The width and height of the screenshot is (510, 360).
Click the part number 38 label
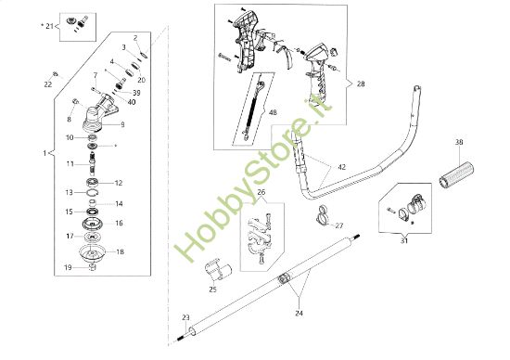[x=459, y=142]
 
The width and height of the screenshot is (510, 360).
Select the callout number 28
[x=361, y=84]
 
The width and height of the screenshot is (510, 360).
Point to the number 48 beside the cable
[x=273, y=112]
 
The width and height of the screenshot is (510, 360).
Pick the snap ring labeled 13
[x=93, y=193]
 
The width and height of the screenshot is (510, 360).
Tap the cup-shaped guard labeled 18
[x=93, y=253]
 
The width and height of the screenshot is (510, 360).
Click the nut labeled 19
[x=93, y=267]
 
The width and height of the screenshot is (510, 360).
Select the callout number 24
[x=299, y=313]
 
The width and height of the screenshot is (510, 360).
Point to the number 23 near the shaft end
[x=185, y=317]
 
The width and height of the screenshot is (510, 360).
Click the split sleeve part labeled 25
[x=218, y=269]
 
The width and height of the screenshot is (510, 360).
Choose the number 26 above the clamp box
[x=261, y=192]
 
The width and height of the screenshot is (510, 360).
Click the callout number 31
[x=404, y=241]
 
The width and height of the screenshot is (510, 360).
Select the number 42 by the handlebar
[x=342, y=167]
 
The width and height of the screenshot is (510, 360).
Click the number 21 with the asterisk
[x=49, y=26]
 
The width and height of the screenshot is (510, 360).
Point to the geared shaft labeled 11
[x=93, y=164]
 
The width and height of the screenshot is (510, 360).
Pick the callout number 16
[x=119, y=223]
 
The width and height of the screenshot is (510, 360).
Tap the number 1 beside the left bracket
[x=45, y=153]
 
